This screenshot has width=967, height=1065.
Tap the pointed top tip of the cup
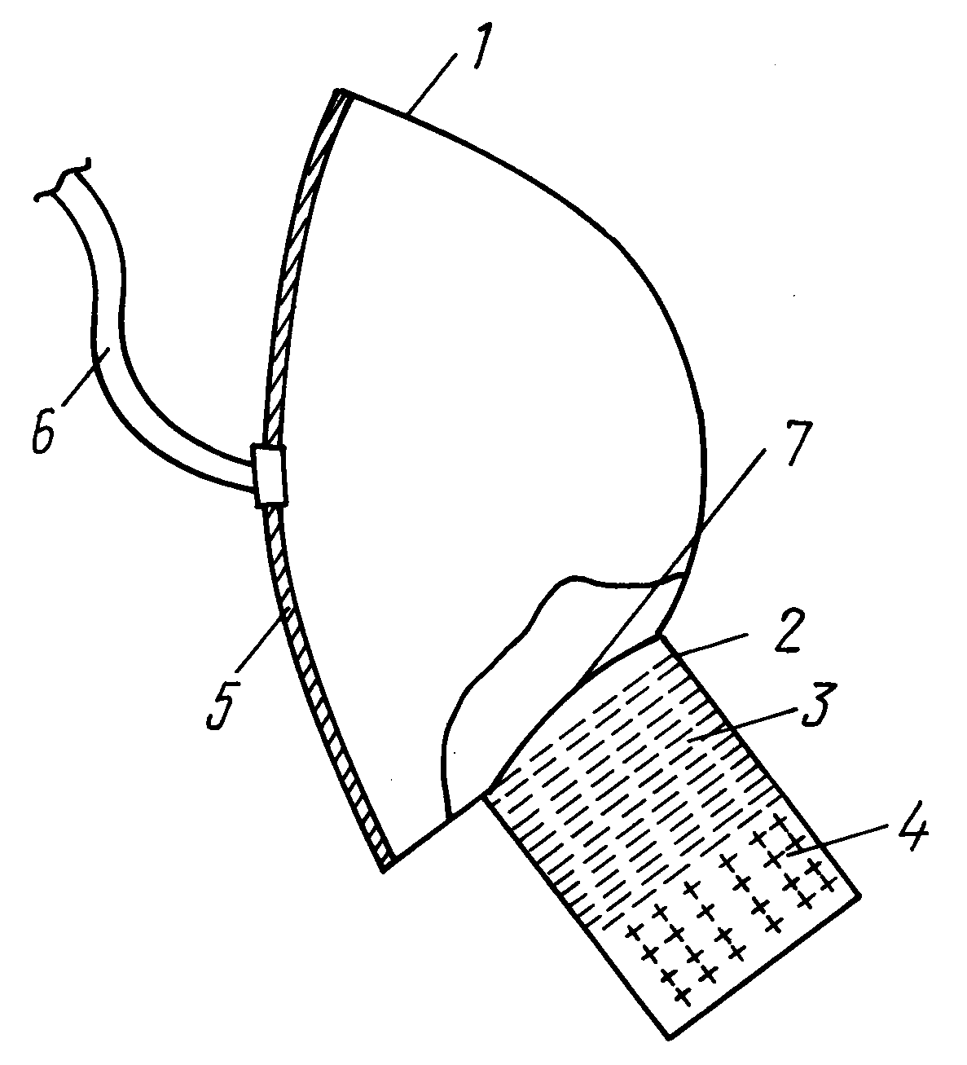[x=339, y=90]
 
